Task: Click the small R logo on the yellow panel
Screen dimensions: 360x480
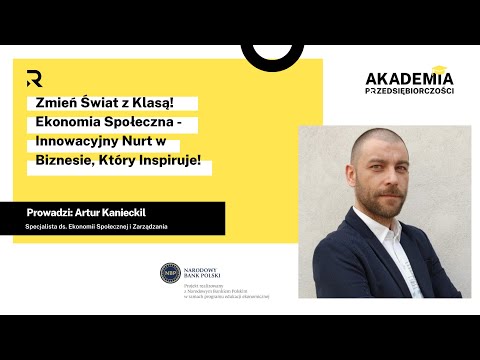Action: (34, 79)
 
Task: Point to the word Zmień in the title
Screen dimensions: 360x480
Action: (54, 103)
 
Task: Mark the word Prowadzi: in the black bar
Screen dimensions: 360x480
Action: (54, 213)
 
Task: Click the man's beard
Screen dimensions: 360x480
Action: (384, 194)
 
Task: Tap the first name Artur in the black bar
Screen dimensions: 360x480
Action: (103, 213)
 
